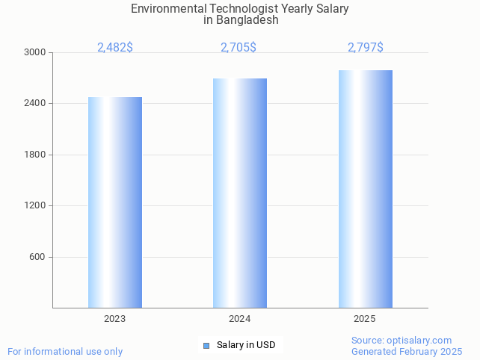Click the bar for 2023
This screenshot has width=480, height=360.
coord(115,202)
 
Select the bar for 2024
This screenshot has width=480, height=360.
coord(240,193)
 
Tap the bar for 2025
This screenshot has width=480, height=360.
coord(366,189)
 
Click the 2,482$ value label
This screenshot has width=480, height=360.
coord(115,47)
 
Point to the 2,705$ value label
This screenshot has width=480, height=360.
coord(239,47)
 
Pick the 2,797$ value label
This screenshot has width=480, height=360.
coord(366,47)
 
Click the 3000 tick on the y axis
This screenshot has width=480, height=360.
coord(34,52)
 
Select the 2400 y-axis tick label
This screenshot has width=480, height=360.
coord(34,103)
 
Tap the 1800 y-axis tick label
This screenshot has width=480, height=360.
coord(34,155)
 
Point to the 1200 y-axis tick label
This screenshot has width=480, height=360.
coord(34,205)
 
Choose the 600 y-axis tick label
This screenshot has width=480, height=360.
coord(37,257)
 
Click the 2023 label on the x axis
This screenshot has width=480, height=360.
coord(115,319)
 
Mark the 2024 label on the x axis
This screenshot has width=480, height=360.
coord(240,319)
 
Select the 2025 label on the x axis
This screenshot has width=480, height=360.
coord(365,319)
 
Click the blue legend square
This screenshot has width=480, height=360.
coord(206,345)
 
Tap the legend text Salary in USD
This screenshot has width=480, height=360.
coord(246,345)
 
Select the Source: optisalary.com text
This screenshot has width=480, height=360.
coord(401,340)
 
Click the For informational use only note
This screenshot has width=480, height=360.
coord(65,351)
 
